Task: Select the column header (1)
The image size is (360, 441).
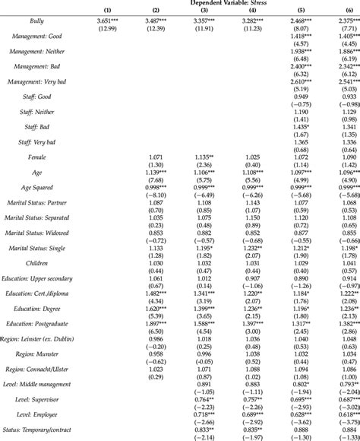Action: tap(106, 11)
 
